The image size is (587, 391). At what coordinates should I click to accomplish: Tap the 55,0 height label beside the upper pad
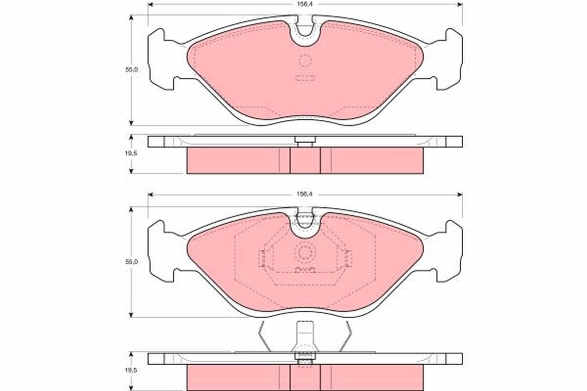tap(131, 70)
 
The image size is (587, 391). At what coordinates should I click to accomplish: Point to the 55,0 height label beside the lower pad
tap(131, 262)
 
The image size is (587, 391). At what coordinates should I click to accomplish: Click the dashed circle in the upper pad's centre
tap(305, 61)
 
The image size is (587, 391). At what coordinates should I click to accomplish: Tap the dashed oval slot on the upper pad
tap(305, 78)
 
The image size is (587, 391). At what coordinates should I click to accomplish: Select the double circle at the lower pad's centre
tap(305, 253)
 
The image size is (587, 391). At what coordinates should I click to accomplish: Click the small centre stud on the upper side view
tap(305, 142)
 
